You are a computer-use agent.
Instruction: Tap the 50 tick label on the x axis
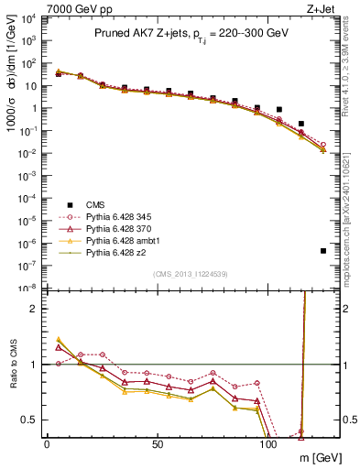[158, 444]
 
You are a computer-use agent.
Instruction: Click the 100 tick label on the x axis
[268, 444]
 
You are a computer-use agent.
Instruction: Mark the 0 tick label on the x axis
[47, 444]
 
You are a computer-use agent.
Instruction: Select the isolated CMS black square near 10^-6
[323, 250]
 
